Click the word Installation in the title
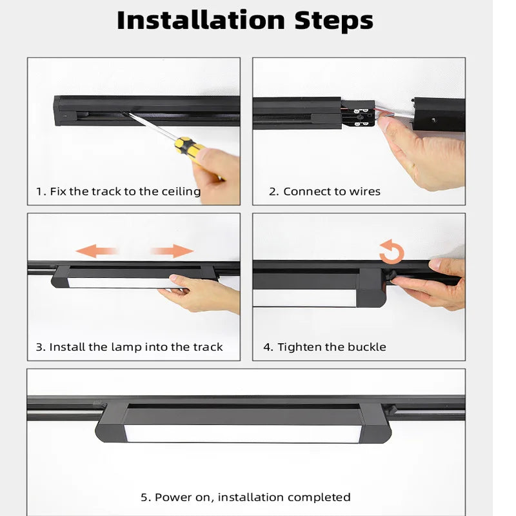point(201,21)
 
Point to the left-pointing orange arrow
point(96,251)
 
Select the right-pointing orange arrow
point(172,251)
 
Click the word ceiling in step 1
point(181,192)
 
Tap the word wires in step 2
point(364,191)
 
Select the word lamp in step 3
point(126,347)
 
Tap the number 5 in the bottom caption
point(144,497)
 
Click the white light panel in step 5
point(243,433)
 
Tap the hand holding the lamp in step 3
point(204,293)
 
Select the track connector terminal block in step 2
point(358,115)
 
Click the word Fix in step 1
point(58,191)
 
